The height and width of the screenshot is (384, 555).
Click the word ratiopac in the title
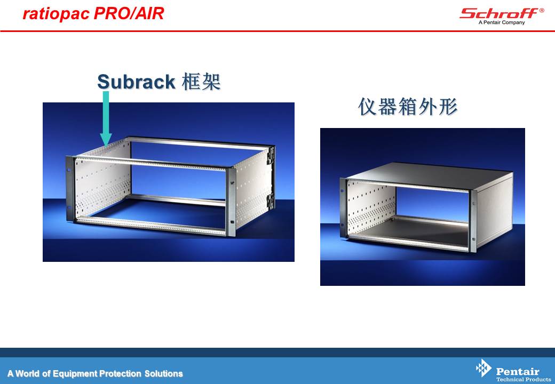pos(56,14)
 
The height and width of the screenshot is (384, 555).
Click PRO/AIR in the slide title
pos(129,13)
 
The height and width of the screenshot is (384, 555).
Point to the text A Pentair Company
pos(502,22)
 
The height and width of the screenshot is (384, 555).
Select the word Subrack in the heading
pos(136,82)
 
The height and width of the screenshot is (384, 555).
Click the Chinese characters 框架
pos(201,82)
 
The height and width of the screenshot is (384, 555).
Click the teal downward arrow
pos(106,118)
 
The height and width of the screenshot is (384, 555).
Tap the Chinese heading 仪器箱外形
pos(408,107)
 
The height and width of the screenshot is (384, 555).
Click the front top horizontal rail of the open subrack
pos(152,162)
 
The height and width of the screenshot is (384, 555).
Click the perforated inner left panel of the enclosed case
pos(371,209)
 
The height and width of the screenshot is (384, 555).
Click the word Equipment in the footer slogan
pos(75,374)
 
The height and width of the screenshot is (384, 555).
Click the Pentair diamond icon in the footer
pos(483,368)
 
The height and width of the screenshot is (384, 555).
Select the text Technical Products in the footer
pos(523,379)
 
